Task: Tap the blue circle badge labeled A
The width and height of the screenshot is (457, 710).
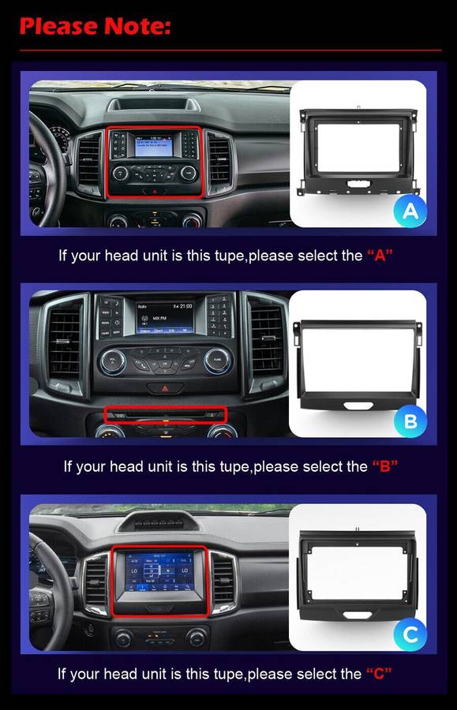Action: pyautogui.click(x=410, y=210)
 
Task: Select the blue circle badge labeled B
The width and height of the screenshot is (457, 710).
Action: pyautogui.click(x=410, y=421)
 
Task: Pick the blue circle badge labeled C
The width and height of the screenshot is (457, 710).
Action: pyautogui.click(x=410, y=633)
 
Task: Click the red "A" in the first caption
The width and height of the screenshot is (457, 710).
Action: pyautogui.click(x=380, y=256)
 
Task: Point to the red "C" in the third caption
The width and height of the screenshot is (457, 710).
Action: pyautogui.click(x=380, y=674)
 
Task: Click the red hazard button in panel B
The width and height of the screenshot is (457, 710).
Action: pyautogui.click(x=165, y=387)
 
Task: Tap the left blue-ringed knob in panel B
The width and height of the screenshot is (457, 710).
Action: pyautogui.click(x=112, y=361)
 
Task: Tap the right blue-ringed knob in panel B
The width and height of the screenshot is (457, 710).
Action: pyautogui.click(x=217, y=361)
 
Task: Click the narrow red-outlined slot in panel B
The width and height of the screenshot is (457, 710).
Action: pyautogui.click(x=166, y=415)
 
